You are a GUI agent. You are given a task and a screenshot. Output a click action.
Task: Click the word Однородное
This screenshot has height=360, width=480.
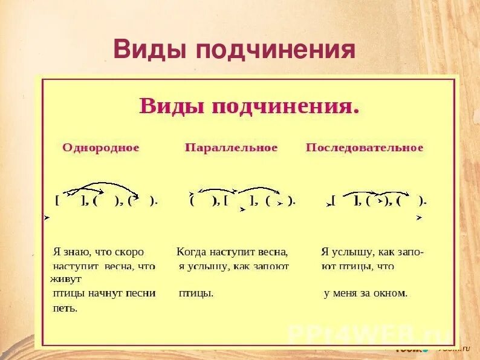[100, 148]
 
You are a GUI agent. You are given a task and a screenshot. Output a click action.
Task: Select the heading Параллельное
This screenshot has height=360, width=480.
[231, 148]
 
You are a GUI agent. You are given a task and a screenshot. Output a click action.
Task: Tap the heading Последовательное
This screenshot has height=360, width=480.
[365, 148]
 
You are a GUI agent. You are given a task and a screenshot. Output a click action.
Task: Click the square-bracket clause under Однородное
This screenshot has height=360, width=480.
[71, 201]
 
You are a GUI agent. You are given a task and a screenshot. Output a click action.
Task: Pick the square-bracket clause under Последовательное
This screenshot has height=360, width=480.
[346, 201]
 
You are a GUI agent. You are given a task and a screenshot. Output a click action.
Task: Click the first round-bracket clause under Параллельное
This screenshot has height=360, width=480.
[204, 201]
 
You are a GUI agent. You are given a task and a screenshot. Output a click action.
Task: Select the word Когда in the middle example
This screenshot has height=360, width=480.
[192, 252]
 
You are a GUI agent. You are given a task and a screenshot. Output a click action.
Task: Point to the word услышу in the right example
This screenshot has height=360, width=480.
[355, 252]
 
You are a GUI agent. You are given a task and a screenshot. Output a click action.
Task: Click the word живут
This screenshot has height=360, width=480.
[65, 279]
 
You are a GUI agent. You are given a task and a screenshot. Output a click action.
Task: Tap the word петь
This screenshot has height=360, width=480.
[65, 308]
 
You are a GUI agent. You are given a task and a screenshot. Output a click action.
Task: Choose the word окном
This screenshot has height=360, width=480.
[390, 293]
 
